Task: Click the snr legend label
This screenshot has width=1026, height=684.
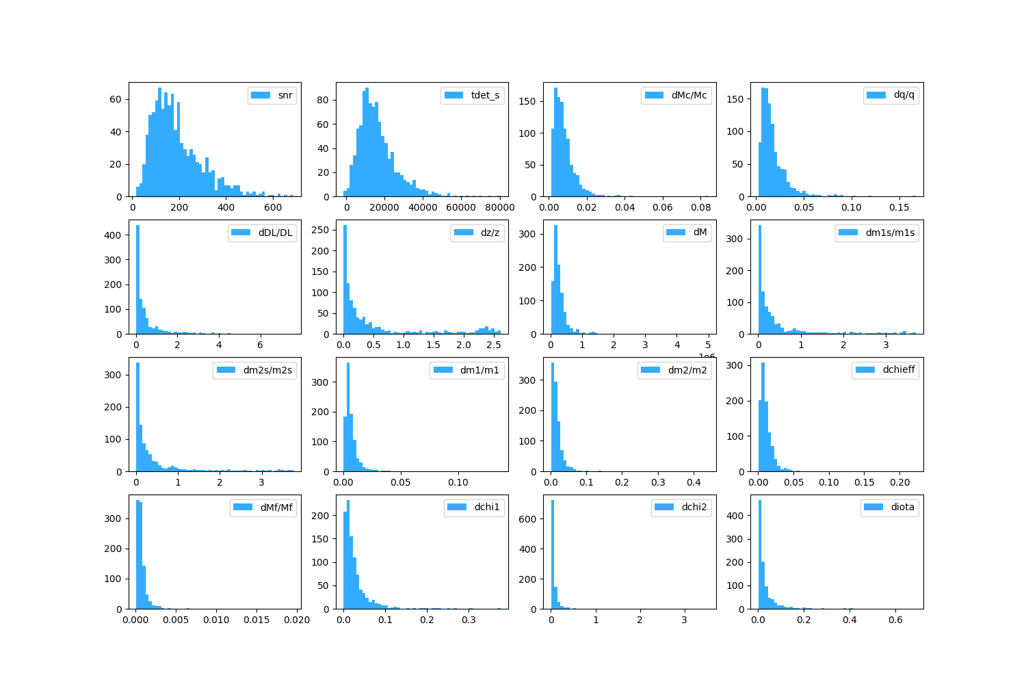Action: click(x=285, y=95)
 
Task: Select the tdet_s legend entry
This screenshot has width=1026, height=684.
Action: click(x=486, y=95)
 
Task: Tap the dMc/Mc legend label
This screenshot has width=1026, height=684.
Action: click(x=689, y=95)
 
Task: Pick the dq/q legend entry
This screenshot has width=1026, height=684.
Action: click(x=904, y=94)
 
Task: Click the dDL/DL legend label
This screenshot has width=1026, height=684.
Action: click(x=275, y=233)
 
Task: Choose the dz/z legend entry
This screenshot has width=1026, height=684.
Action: click(x=490, y=233)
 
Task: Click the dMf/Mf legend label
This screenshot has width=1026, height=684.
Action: click(x=276, y=507)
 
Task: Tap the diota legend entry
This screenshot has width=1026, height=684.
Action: click(x=902, y=507)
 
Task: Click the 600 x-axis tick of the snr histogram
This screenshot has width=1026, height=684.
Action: click(x=273, y=208)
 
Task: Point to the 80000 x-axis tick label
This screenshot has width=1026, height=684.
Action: click(x=500, y=208)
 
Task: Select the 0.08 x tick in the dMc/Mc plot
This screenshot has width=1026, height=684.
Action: click(x=700, y=208)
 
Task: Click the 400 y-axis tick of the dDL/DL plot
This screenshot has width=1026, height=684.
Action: click(x=113, y=235)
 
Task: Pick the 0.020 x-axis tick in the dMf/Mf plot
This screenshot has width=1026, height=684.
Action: click(x=298, y=620)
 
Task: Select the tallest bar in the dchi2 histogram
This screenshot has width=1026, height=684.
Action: click(x=553, y=554)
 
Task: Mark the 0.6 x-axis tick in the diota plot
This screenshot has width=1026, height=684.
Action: click(x=895, y=620)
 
